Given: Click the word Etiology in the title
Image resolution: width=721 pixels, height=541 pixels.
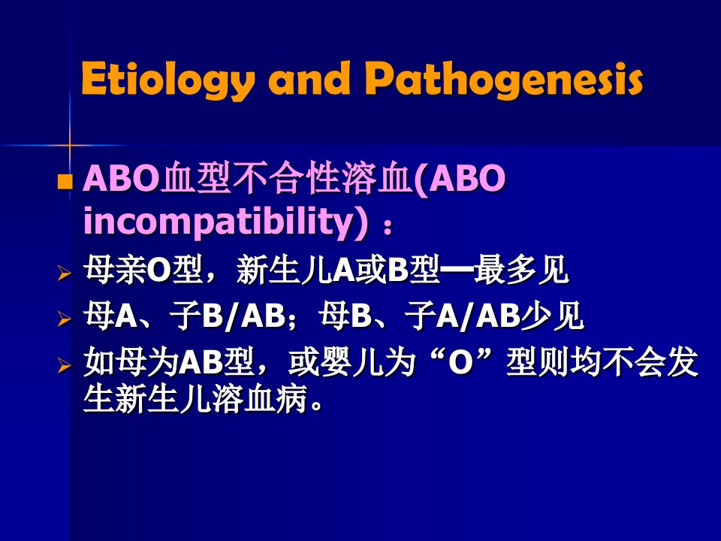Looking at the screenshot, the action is [x=166, y=80].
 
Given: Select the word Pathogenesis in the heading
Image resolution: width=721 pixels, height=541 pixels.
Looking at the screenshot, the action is [x=503, y=80].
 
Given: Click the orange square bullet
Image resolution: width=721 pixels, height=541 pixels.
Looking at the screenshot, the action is [x=65, y=181].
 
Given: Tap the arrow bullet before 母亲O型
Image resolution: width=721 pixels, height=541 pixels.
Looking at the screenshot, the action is [x=65, y=274].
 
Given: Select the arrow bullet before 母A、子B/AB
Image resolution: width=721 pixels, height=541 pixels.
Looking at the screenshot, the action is [x=65, y=319].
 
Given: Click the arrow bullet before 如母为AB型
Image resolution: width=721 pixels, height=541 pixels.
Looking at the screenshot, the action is [x=65, y=365].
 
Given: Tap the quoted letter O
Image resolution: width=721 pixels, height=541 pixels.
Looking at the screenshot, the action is [x=460, y=362].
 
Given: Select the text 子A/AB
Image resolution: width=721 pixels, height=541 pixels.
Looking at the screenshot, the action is [x=463, y=316].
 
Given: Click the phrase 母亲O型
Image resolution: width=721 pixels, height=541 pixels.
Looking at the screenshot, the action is [x=143, y=270].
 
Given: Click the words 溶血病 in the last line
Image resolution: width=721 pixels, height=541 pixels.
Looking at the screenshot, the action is [x=259, y=398].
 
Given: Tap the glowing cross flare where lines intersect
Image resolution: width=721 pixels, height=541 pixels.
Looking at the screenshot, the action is [x=70, y=145].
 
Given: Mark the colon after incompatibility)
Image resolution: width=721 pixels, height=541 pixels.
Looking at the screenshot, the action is [x=388, y=227].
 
